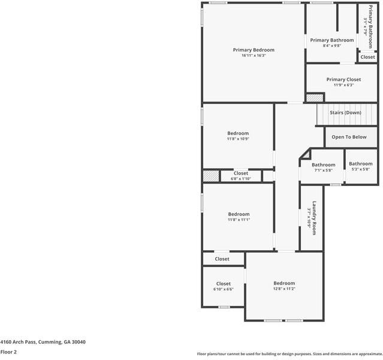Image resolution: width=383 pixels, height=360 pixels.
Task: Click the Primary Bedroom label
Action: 254,50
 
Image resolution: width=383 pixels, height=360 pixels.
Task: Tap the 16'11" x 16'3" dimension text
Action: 254,56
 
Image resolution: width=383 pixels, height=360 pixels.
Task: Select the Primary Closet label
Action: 343,79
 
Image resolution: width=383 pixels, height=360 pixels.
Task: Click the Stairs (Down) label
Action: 345,113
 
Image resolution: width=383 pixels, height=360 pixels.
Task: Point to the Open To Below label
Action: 349,137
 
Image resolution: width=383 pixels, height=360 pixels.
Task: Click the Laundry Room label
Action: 314,218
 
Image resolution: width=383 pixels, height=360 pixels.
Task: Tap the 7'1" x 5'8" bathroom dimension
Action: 324,170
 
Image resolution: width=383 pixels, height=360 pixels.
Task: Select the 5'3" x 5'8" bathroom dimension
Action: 361,169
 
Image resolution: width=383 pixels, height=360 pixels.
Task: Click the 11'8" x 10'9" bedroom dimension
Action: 238,139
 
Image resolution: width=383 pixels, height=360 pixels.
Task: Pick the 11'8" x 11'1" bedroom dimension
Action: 239,220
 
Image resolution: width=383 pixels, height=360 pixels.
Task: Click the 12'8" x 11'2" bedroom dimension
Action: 284,289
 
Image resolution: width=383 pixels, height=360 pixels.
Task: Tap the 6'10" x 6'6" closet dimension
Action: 223,289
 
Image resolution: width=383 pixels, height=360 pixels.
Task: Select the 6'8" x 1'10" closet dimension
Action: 240,179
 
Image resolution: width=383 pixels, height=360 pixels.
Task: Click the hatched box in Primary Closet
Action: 315,98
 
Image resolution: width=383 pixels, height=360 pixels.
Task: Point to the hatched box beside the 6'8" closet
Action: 211,176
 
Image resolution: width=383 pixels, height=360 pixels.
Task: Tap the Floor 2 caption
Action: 8,352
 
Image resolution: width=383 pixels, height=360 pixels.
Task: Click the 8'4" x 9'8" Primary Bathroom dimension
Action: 331,46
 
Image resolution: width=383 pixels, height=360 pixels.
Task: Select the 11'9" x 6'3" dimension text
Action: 343,85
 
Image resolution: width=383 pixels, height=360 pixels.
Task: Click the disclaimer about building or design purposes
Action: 289,354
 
